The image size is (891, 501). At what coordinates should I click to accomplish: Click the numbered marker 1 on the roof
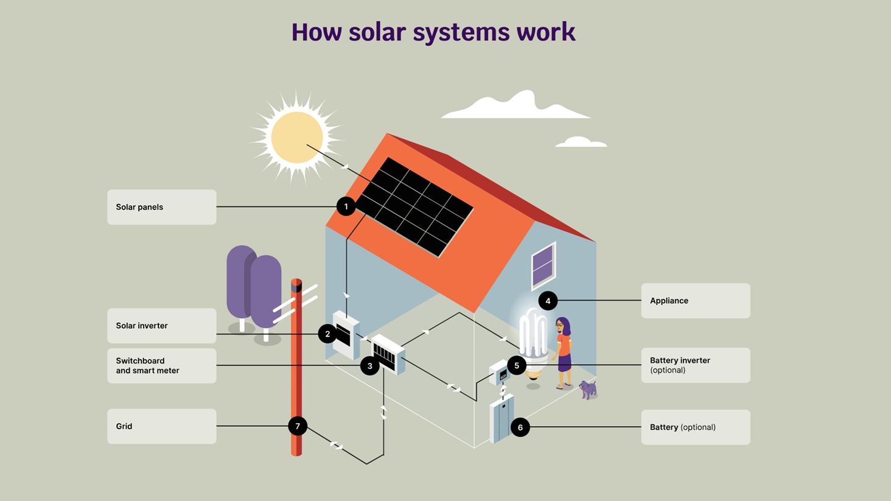(x=346, y=207)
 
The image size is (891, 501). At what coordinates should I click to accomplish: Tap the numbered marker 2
(x=327, y=334)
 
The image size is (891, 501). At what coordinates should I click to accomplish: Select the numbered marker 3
(x=369, y=366)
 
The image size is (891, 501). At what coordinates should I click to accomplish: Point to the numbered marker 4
(x=548, y=301)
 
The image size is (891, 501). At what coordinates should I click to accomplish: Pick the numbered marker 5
(x=517, y=365)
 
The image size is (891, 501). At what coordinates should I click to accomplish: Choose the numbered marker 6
(x=520, y=427)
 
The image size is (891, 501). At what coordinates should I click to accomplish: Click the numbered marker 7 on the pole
(x=298, y=426)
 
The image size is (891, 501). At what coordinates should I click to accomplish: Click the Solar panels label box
(x=161, y=207)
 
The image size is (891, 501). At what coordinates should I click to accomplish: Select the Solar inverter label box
(x=161, y=326)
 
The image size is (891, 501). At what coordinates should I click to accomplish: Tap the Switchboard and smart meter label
(x=161, y=365)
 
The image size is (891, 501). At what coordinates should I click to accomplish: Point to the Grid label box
(x=161, y=426)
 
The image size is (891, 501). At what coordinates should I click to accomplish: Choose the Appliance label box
(x=695, y=301)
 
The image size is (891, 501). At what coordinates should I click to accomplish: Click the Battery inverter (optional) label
(x=695, y=365)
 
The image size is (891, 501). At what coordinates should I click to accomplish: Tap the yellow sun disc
(x=297, y=137)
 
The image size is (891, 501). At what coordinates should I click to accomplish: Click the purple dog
(x=588, y=388)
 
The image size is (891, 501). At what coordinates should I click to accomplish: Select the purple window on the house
(x=543, y=265)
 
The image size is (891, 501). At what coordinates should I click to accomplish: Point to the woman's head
(x=562, y=326)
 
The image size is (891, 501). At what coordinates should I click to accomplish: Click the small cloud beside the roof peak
(x=581, y=142)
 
